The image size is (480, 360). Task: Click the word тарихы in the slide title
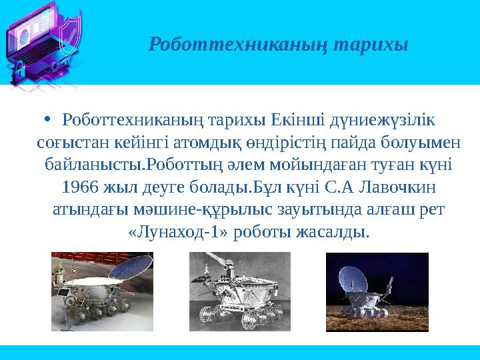tap(371, 45)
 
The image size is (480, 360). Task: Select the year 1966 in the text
tap(79, 184)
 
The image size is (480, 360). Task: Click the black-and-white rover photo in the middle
tap(240, 291)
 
